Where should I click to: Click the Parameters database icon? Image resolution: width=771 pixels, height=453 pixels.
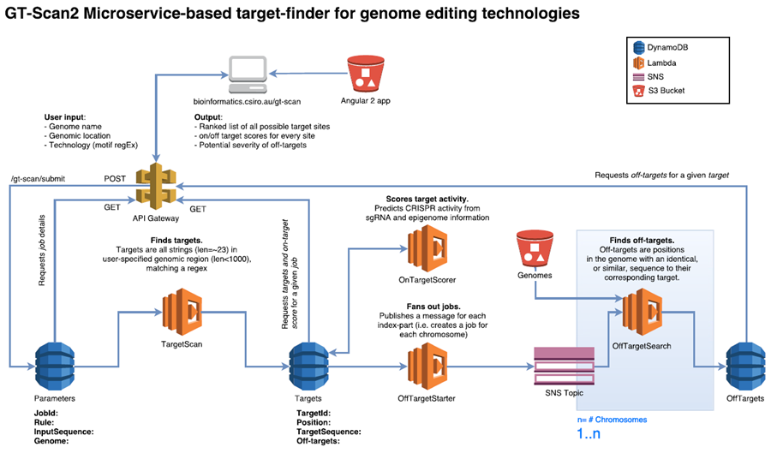(54, 365)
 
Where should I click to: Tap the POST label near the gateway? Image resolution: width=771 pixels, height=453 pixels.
(117, 179)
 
